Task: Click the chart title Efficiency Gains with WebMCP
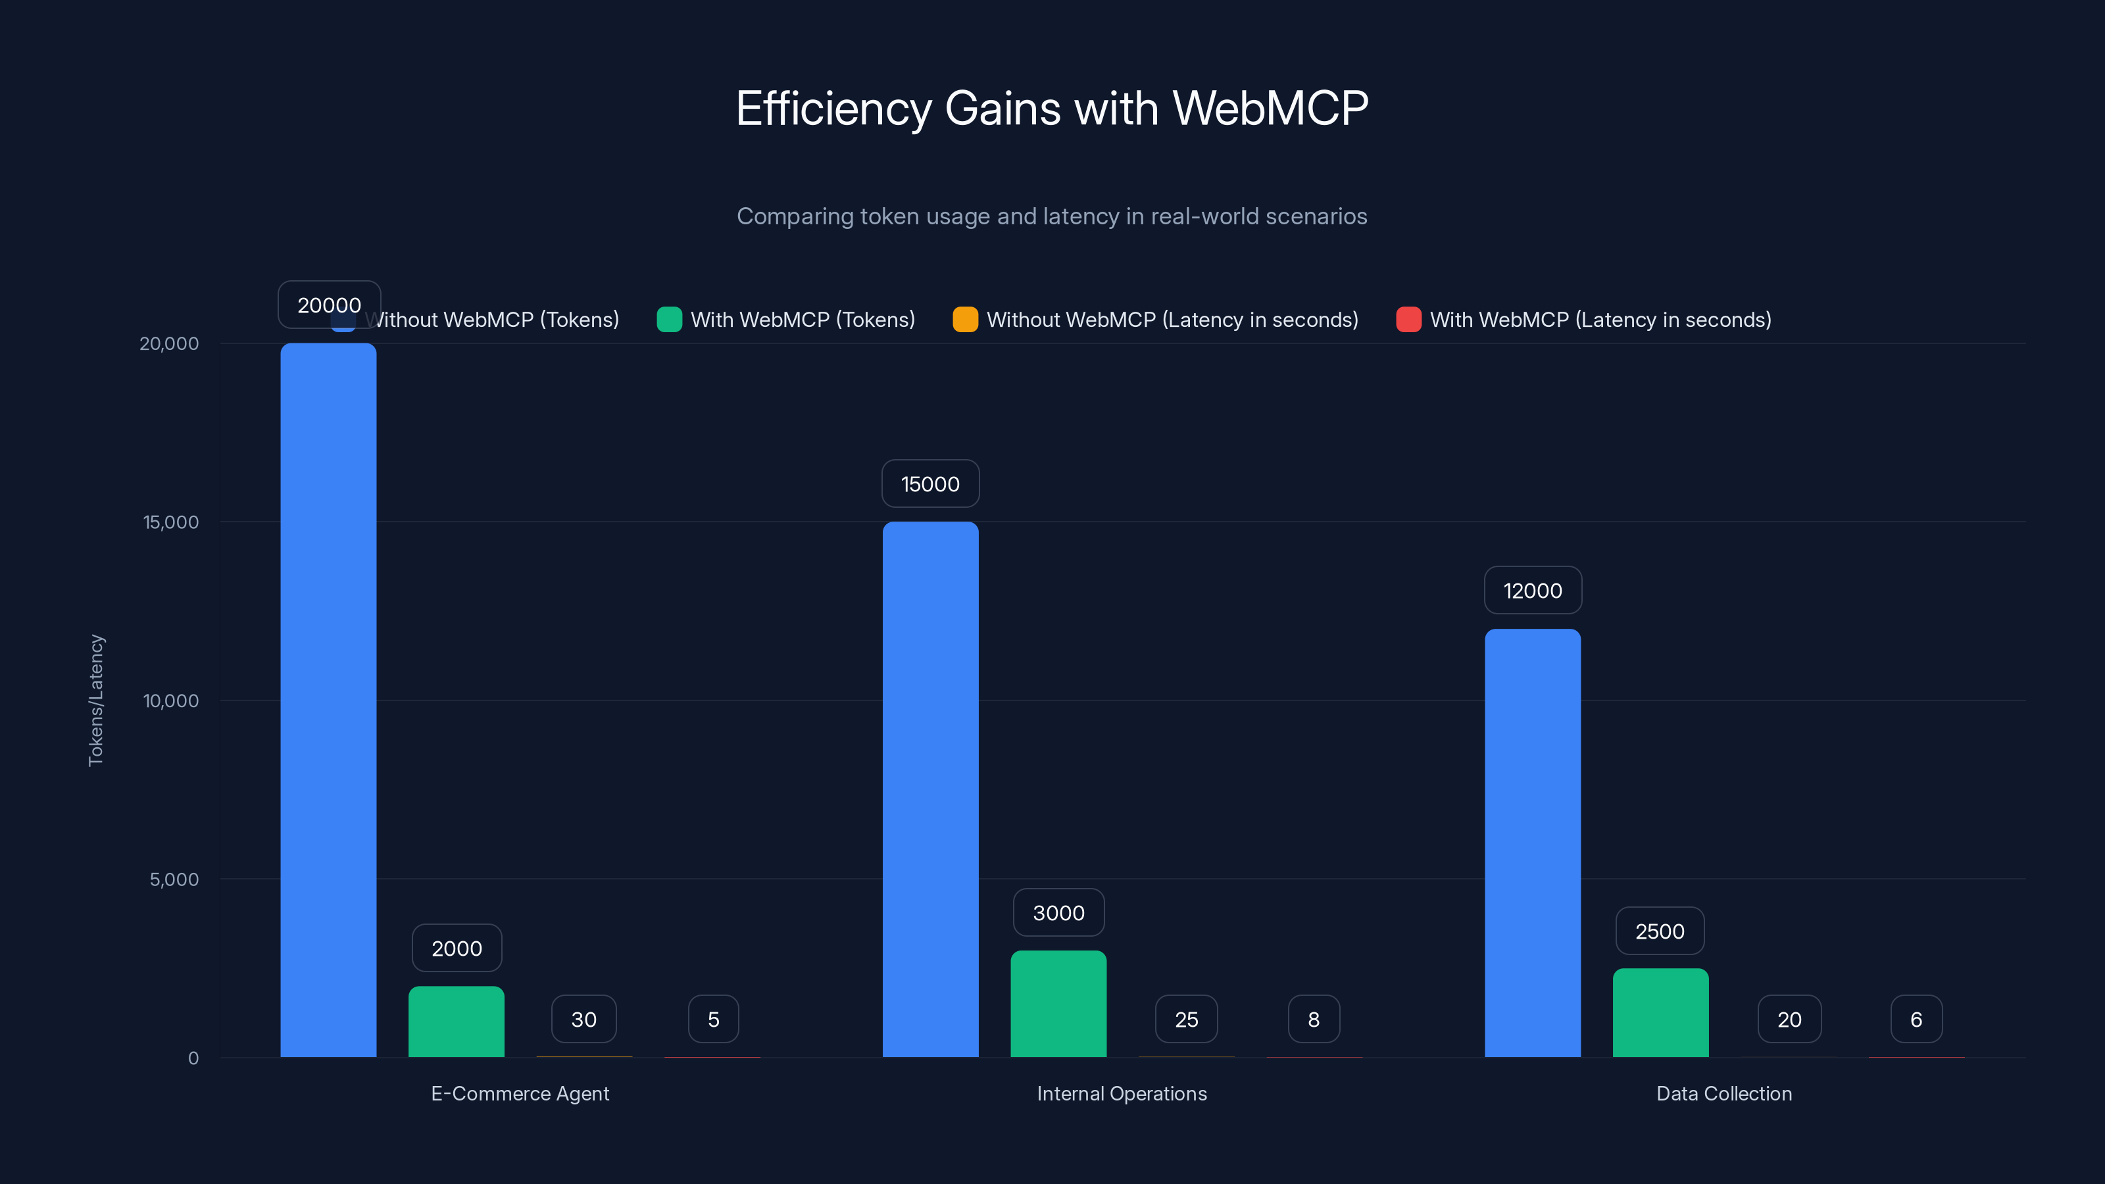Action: [1052, 108]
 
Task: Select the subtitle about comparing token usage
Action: [1052, 216]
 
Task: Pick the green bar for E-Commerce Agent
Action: [456, 1022]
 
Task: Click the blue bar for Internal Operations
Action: [930, 789]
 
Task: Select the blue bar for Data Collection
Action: [1532, 843]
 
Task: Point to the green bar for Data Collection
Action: [1660, 1012]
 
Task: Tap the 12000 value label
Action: [1532, 591]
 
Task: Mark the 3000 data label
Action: [1058, 913]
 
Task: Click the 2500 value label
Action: [1660, 931]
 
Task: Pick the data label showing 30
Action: [583, 1020]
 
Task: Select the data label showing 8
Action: [1313, 1020]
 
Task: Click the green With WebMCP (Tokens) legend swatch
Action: [669, 320]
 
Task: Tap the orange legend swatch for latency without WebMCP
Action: [965, 320]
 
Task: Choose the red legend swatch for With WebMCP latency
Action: [1408, 320]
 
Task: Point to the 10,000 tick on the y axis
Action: [171, 701]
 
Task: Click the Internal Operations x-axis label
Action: [1121, 1094]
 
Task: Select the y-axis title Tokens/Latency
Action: [95, 701]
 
